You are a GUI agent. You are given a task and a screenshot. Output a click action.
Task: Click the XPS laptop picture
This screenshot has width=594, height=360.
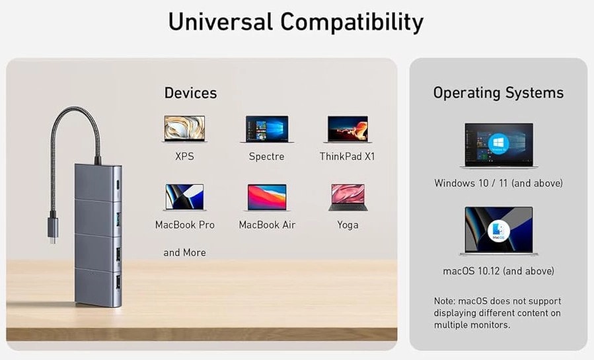(x=184, y=129)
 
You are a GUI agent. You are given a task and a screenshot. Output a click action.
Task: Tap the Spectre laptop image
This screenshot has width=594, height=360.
(x=267, y=129)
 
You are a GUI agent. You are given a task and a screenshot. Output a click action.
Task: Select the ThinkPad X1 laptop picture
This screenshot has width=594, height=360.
(x=348, y=129)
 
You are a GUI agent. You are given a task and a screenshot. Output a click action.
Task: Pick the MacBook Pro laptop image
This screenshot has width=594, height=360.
(x=184, y=198)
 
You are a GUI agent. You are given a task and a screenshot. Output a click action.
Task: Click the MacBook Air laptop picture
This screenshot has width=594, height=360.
(x=267, y=198)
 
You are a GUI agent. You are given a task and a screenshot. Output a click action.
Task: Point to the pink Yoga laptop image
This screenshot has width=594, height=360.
(x=348, y=198)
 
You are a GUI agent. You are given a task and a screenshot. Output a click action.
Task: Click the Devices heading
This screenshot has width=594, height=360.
(x=190, y=92)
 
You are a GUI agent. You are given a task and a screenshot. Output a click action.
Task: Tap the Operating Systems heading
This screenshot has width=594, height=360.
(x=498, y=92)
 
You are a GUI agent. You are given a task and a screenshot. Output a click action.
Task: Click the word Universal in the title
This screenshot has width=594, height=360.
(x=221, y=22)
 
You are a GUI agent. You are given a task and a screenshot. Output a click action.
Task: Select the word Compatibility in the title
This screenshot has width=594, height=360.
(x=352, y=22)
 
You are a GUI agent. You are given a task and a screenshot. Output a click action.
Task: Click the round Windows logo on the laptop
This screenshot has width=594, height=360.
(x=498, y=144)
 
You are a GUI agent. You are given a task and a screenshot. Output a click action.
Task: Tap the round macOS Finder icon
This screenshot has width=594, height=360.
(x=498, y=231)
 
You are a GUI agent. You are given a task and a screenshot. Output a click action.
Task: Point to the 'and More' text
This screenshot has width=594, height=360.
(x=184, y=252)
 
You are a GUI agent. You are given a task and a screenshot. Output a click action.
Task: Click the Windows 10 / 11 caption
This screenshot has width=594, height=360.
(x=498, y=183)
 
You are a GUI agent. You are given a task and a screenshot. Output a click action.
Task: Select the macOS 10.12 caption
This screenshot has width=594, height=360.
(x=498, y=271)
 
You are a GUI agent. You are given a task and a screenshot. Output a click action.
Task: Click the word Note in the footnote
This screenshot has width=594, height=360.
(x=445, y=301)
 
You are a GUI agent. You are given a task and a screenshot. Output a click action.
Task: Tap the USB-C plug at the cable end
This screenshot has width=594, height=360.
(x=53, y=230)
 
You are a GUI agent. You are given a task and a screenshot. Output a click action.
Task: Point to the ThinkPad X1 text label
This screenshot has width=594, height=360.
(x=347, y=157)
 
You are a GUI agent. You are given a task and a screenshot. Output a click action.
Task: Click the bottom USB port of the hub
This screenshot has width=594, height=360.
(x=118, y=283)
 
